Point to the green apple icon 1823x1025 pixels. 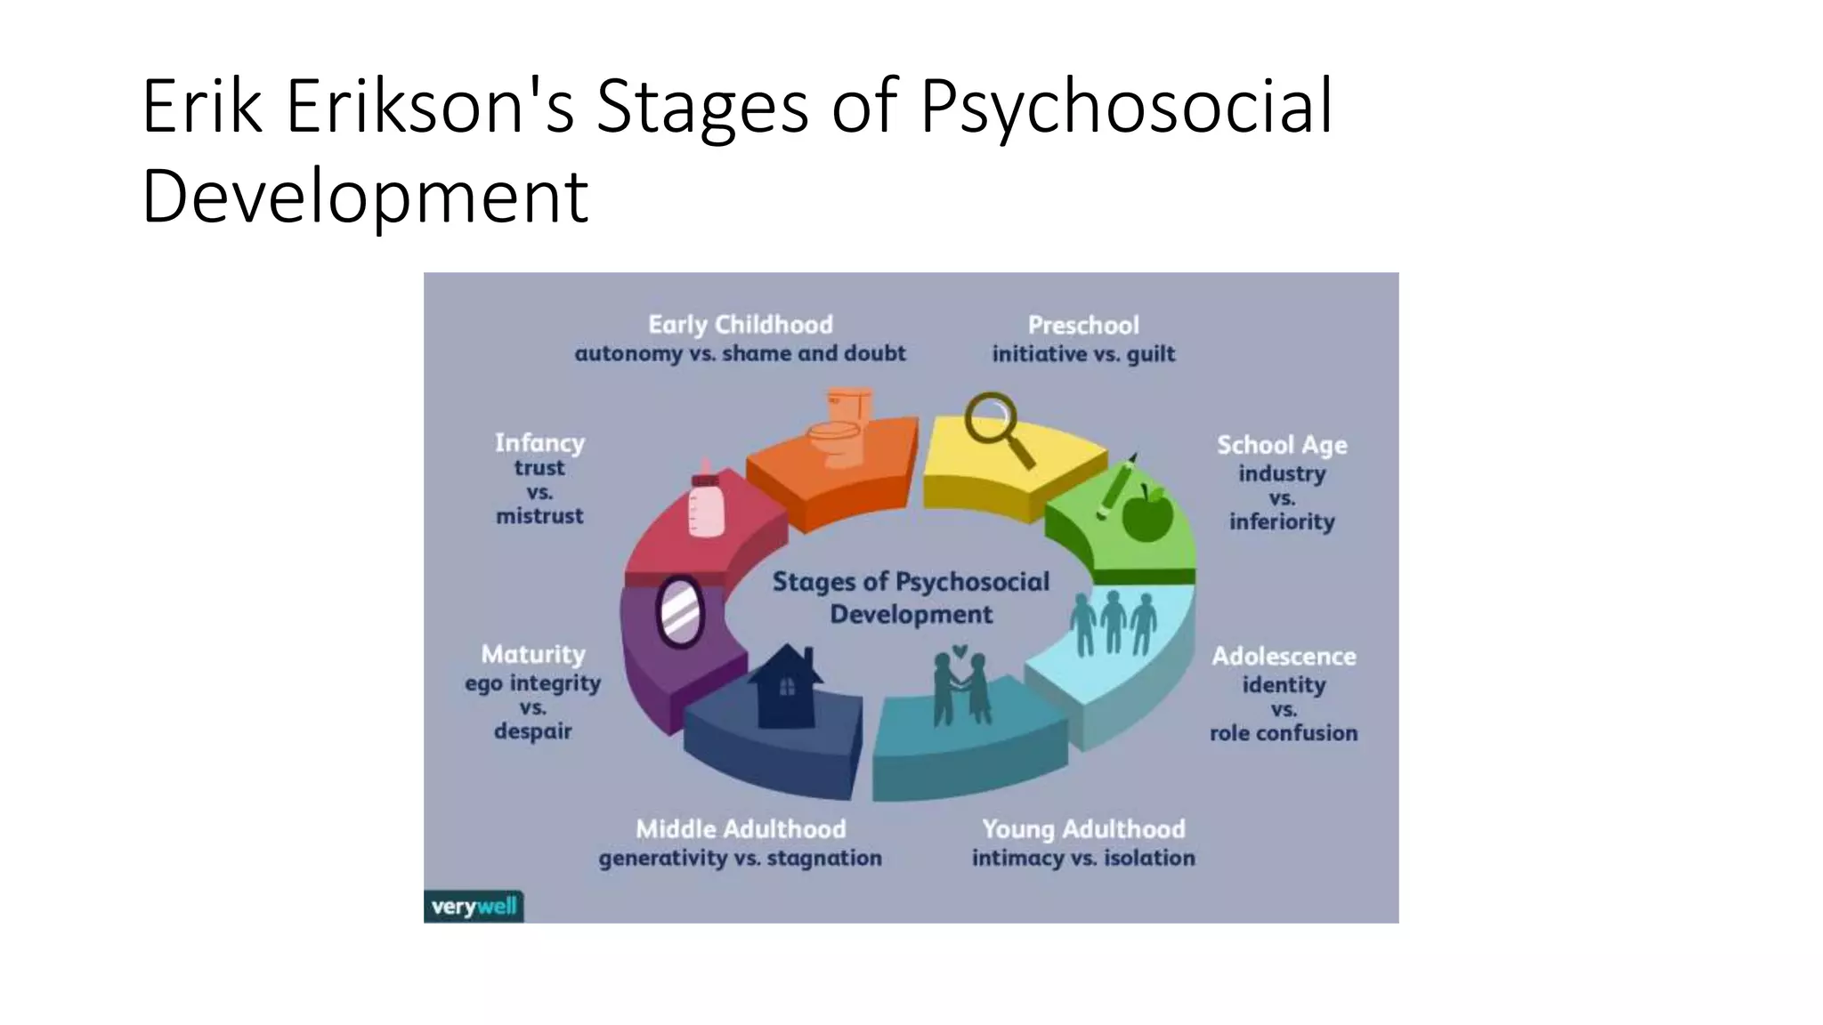pyautogui.click(x=1147, y=513)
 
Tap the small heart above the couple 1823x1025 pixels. pyautogui.click(x=960, y=651)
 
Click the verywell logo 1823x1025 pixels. pyautogui.click(x=474, y=907)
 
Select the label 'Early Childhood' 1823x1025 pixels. pyautogui.click(x=741, y=325)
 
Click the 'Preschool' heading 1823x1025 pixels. pyautogui.click(x=1083, y=325)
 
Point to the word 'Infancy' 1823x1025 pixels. pyautogui.click(x=539, y=442)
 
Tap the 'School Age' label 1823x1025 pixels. pyautogui.click(x=1282, y=445)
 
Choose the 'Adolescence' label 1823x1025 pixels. pyautogui.click(x=1284, y=657)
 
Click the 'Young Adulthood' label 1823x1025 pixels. pyautogui.click(x=1083, y=829)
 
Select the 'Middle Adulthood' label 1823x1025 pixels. pyautogui.click(x=741, y=829)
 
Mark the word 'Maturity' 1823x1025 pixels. pyautogui.click(x=533, y=655)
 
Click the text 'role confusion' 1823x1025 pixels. pyautogui.click(x=1284, y=733)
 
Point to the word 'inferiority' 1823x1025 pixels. pyautogui.click(x=1282, y=521)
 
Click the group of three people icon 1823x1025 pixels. pyautogui.click(x=1113, y=622)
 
